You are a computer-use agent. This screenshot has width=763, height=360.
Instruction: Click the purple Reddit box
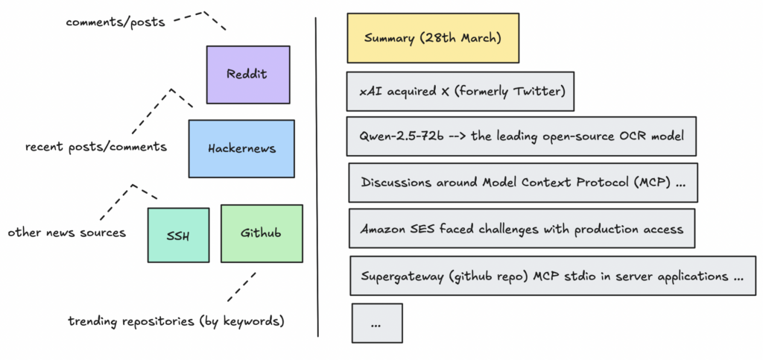tap(247, 74)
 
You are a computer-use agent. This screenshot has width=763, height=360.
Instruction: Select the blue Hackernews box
tap(241, 148)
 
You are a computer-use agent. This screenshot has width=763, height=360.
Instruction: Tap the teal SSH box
tap(178, 235)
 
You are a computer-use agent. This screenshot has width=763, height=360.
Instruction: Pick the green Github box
tap(262, 233)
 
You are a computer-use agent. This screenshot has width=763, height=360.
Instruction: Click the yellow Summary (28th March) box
tap(432, 37)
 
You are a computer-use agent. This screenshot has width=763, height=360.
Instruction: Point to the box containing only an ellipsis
tap(376, 323)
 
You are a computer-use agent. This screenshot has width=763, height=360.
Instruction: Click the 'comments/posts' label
tap(115, 22)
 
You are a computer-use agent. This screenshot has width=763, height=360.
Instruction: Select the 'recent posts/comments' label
tap(96, 147)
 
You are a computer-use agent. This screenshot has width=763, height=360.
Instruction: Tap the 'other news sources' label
tap(67, 233)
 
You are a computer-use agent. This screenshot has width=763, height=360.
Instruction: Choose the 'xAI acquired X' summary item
tap(460, 91)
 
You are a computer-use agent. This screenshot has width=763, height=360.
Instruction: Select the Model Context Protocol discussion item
tap(522, 183)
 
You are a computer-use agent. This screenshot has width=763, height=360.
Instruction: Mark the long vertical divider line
tap(317, 179)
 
